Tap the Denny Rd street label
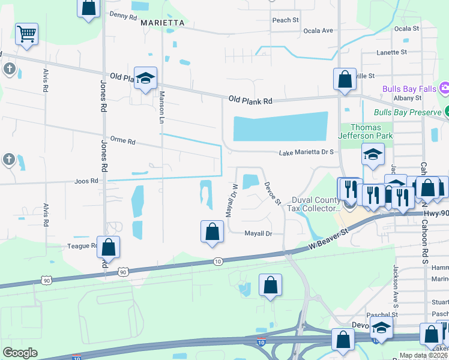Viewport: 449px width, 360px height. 123,16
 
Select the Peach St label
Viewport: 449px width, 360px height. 285,20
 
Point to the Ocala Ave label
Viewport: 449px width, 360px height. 318,31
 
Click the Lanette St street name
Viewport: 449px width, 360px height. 391,53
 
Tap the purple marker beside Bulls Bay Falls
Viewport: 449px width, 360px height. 444,89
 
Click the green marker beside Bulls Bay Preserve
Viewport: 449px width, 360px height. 447,112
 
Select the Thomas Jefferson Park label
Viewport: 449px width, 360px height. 371,131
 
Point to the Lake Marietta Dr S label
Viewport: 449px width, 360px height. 306,153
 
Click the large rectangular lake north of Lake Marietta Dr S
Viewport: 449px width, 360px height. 280,128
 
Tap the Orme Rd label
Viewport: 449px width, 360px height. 123,142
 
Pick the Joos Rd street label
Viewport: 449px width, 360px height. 86,180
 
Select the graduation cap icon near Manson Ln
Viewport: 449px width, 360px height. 145,78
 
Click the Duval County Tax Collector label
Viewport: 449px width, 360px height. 316,204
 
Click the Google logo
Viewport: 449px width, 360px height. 20,352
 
